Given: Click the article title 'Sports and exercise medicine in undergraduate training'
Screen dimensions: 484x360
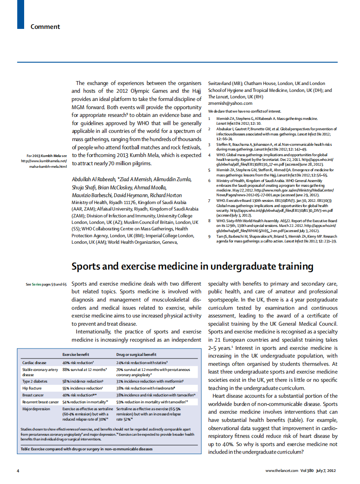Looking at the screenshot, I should click(x=192, y=267).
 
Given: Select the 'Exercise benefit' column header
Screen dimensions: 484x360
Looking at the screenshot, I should click(x=76, y=354).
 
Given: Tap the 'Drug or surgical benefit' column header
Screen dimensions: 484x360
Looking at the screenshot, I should click(x=136, y=354).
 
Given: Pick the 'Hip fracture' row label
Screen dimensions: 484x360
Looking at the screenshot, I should click(x=32, y=388).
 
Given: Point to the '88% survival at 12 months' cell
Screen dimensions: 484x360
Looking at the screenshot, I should click(x=85, y=370).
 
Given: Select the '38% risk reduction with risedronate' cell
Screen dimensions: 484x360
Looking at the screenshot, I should click(x=145, y=388).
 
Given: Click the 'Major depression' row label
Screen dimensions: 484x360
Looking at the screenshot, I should click(x=36, y=409).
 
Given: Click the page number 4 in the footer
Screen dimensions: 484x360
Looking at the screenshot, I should click(x=18, y=470).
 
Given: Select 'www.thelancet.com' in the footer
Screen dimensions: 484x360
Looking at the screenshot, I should click(x=282, y=470).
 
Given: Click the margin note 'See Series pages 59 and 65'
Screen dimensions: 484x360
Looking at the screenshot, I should click(x=46, y=284).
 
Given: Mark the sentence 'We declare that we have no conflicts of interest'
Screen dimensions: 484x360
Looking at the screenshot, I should click(x=244, y=111).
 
